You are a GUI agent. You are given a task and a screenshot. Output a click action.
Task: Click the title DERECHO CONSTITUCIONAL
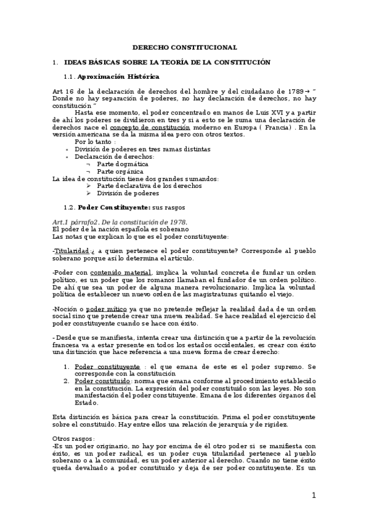pos(185,47)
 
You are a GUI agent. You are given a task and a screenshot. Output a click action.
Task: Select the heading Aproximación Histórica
pos(119,76)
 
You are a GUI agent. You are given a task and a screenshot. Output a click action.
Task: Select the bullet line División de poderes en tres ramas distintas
pos(142,150)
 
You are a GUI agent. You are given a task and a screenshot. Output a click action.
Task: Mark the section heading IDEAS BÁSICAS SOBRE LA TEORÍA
pos(167,63)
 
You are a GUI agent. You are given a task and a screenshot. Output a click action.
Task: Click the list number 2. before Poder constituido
pos(68,382)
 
